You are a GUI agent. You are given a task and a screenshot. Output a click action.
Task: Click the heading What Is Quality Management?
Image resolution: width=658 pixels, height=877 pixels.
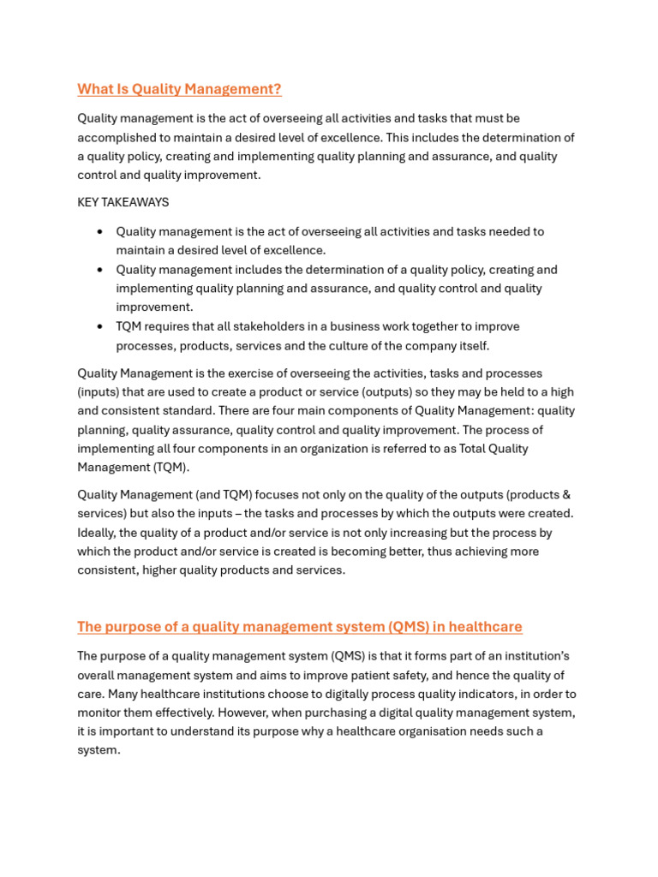[x=179, y=89]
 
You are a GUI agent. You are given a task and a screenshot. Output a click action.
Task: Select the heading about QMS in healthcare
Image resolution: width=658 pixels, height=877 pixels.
[x=299, y=627]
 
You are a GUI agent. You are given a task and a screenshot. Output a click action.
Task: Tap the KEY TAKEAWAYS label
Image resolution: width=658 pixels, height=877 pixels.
[x=123, y=203]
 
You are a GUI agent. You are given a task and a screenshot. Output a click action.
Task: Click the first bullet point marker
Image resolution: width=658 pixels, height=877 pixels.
[x=100, y=232]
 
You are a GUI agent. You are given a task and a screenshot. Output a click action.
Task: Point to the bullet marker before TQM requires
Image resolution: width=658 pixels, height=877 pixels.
[x=100, y=327]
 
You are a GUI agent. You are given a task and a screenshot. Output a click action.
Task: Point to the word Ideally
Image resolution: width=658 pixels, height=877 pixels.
[x=97, y=533]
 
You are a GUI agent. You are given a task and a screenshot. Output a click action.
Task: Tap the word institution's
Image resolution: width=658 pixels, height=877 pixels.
[x=533, y=657]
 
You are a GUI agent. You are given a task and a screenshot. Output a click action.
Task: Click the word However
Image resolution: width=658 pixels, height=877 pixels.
[x=246, y=713]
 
